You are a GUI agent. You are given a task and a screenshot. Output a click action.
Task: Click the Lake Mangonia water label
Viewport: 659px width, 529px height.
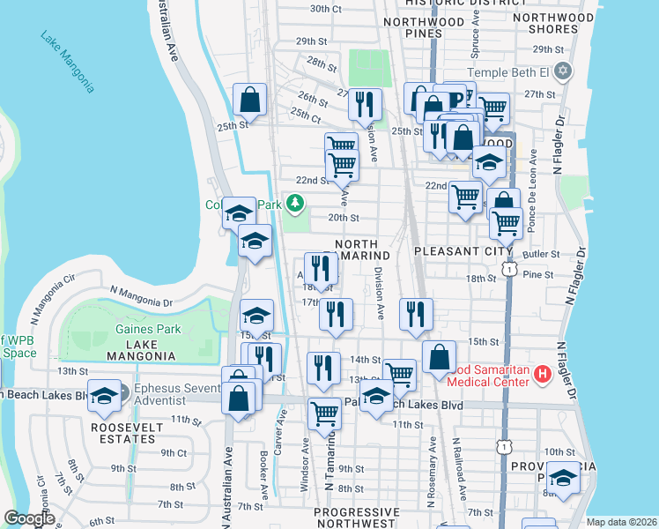tap(67, 61)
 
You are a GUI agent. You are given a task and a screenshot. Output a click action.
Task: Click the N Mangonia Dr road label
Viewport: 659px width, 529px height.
tap(141, 294)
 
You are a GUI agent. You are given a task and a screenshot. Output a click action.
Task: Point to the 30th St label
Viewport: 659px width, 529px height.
tap(325, 9)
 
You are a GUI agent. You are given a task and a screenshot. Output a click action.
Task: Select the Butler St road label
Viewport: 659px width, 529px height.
tap(535, 254)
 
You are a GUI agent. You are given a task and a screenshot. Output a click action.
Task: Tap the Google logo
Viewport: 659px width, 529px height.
tap(30, 518)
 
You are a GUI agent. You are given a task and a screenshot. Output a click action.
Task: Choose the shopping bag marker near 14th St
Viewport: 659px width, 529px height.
tap(438, 358)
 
